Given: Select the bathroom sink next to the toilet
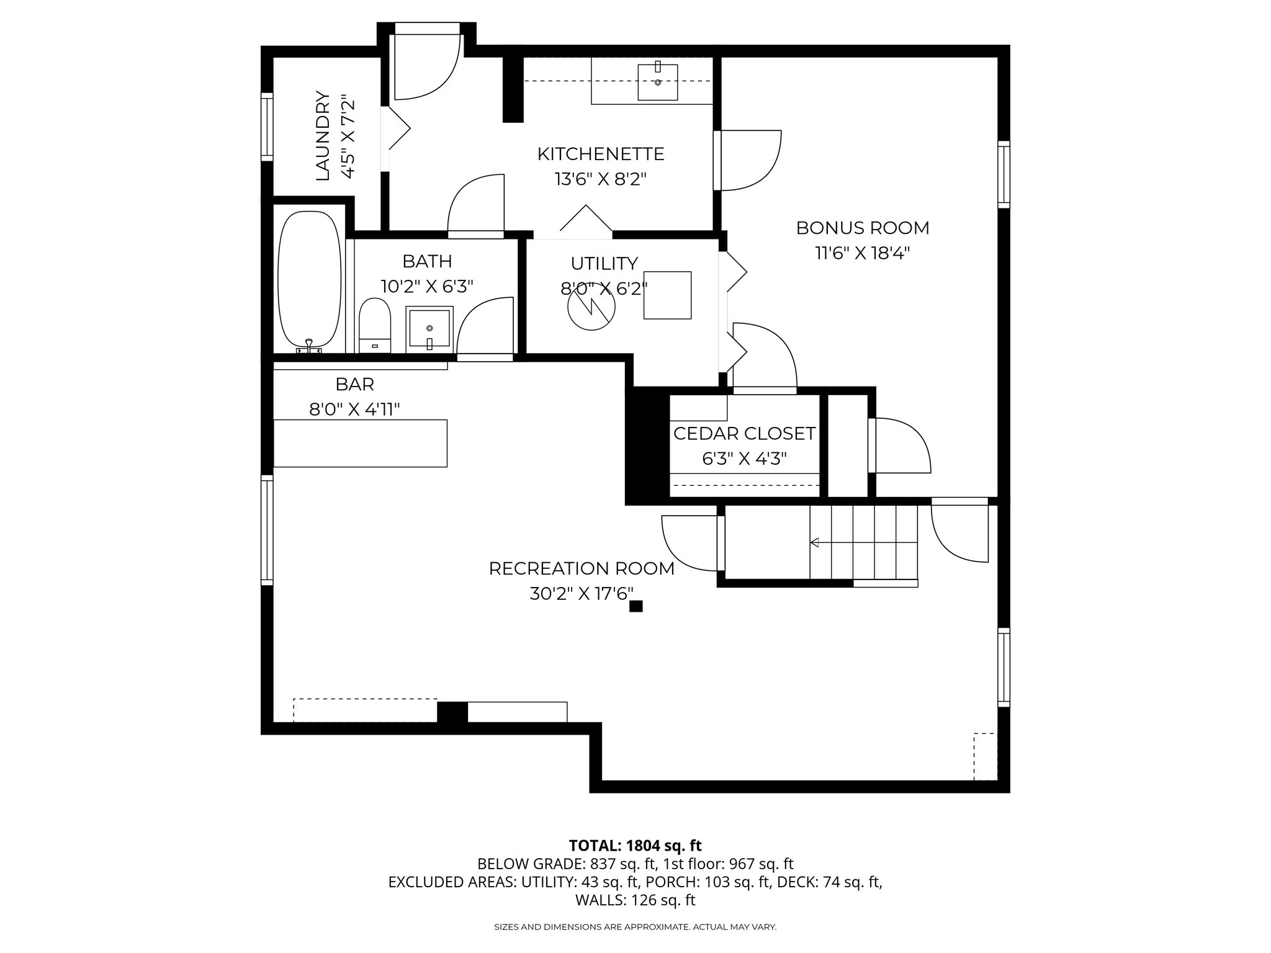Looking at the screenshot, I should click(429, 329).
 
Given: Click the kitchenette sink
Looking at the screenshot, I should click(658, 82).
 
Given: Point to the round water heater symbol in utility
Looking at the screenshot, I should click(591, 307).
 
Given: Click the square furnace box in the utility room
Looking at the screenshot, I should click(667, 295).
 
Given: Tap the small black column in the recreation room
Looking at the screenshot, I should click(635, 606).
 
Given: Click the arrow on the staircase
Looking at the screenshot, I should click(815, 543).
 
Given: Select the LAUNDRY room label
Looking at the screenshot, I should click(323, 136).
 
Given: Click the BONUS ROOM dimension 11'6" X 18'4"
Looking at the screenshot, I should click(862, 253).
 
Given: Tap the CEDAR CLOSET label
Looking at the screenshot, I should click(744, 434).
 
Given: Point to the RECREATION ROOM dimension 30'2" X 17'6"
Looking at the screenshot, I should click(582, 594).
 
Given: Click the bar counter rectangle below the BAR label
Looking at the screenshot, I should click(360, 443).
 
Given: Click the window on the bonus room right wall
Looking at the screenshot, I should click(1004, 174).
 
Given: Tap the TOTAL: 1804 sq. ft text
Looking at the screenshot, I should click(635, 846).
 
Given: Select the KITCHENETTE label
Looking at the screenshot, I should click(601, 154).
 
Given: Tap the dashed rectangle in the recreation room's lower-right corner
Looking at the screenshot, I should click(985, 756).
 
